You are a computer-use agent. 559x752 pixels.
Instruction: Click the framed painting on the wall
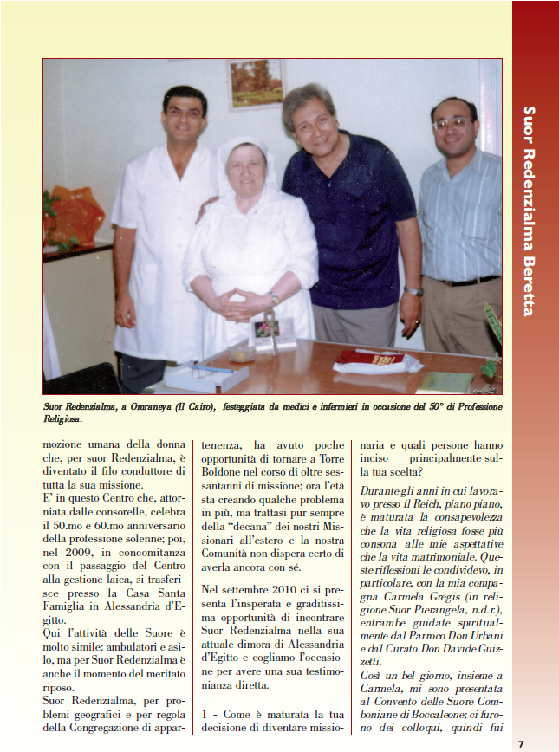[x=256, y=84]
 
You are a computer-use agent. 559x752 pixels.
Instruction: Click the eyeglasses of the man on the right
[x=452, y=125]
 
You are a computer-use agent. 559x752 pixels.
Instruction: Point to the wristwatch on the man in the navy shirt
[x=413, y=291]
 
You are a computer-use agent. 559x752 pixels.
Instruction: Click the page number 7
[x=521, y=743]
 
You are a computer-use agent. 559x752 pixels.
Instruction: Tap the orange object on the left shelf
[x=77, y=217]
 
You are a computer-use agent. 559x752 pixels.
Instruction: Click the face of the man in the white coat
[x=184, y=119]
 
